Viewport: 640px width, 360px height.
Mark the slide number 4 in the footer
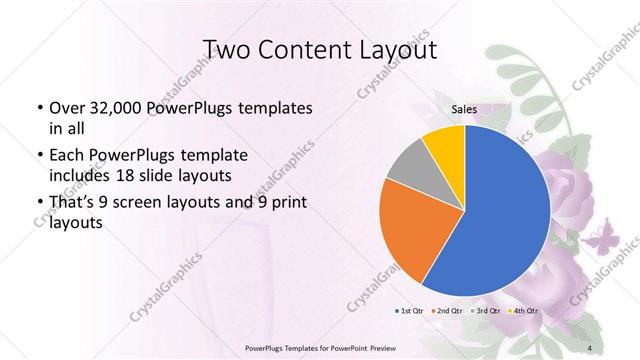590,347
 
